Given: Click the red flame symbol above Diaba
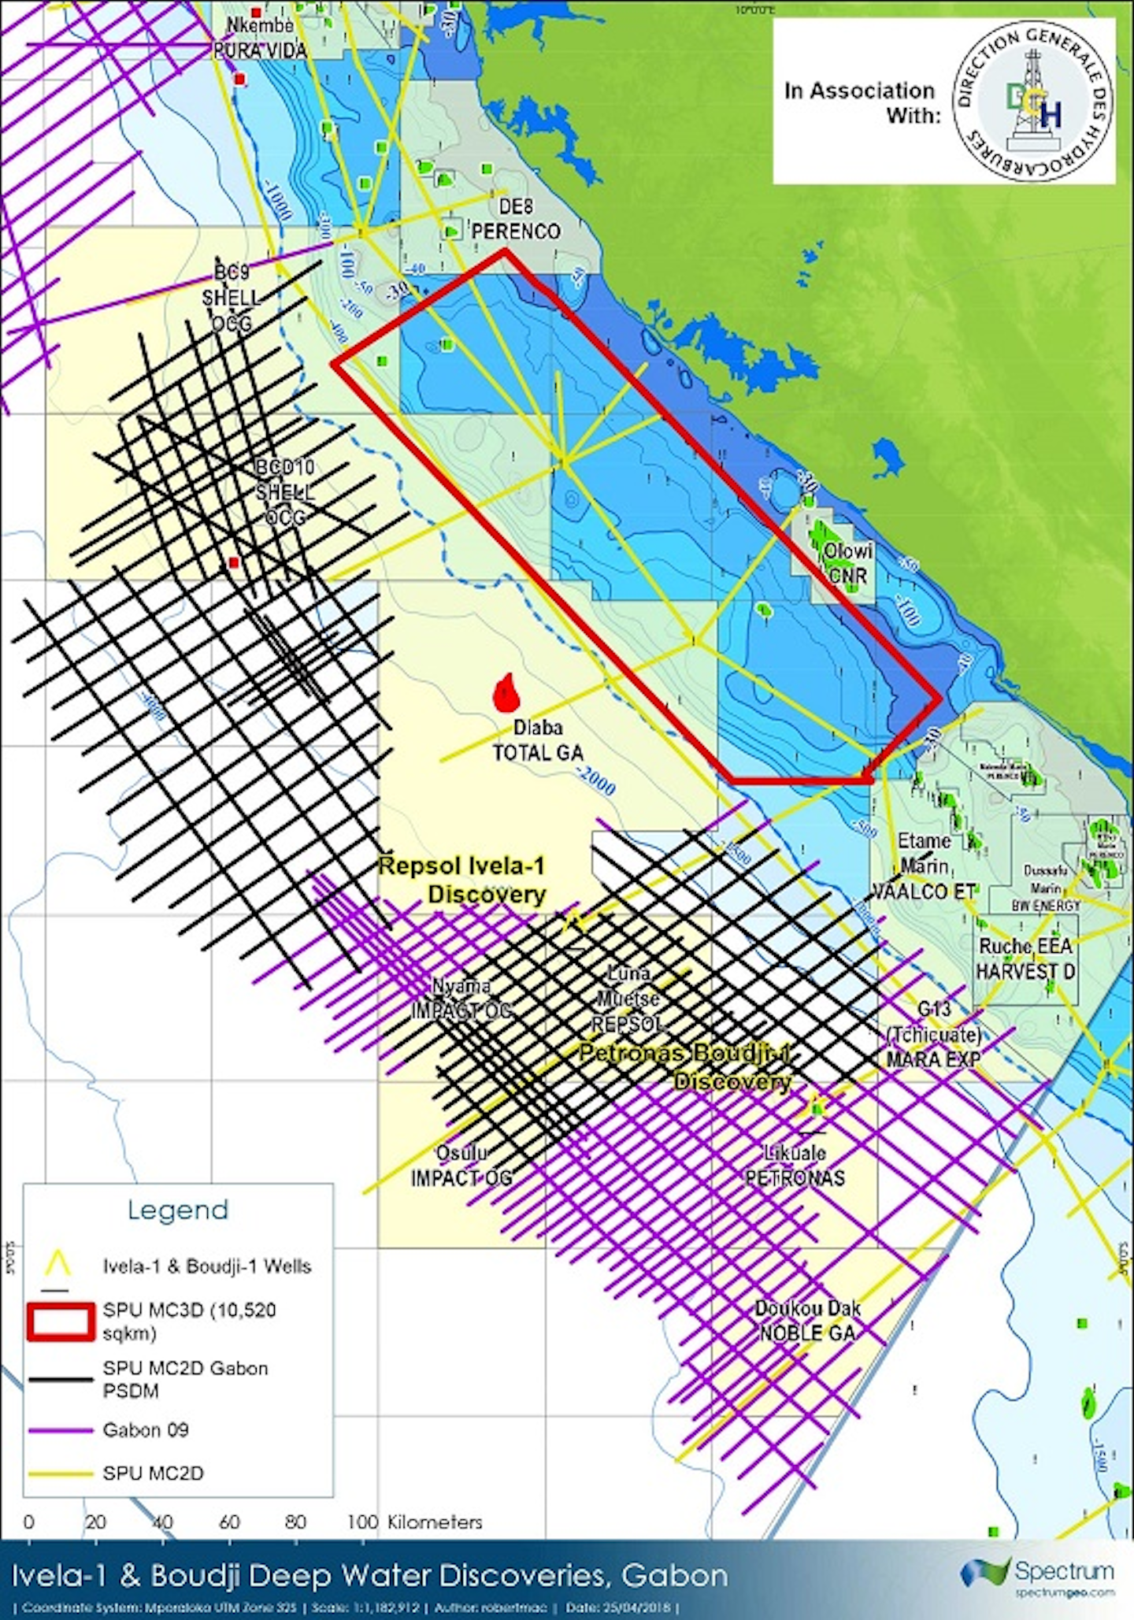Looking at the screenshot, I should click(506, 693).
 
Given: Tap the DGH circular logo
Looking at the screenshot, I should click(1032, 102).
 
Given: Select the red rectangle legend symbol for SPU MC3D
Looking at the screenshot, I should click(60, 1322).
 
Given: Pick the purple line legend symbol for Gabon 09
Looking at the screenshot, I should click(60, 1430).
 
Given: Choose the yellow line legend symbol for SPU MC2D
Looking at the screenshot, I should click(60, 1474).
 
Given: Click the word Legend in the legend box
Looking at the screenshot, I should click(178, 1210).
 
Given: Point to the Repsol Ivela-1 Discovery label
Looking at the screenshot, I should click(463, 880).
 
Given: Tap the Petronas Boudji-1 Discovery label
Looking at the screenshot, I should click(685, 1067).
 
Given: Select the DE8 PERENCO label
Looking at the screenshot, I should click(516, 219).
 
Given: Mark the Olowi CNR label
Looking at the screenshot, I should click(847, 563).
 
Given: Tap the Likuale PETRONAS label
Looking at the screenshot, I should click(795, 1166).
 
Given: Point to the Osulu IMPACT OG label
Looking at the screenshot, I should click(461, 1166).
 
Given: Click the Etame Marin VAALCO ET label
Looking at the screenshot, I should click(924, 866).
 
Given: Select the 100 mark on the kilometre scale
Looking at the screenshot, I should click(362, 1522).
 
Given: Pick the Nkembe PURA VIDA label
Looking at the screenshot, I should click(260, 38).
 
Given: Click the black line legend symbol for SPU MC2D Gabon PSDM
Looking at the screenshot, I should click(60, 1379).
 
